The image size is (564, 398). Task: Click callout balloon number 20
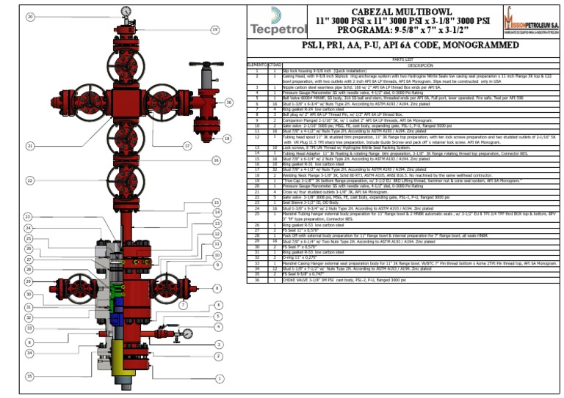tap(29, 16)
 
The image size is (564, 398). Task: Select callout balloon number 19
tap(215, 29)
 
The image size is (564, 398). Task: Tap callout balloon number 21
tap(29, 146)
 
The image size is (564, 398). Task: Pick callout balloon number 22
tap(29, 180)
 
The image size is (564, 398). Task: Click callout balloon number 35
tap(29, 376)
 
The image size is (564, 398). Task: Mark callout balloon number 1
tap(218, 379)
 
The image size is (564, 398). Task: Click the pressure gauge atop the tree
tap(126, 12)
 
